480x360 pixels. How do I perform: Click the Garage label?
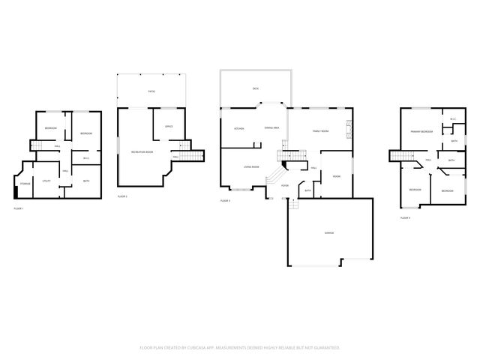(328, 233)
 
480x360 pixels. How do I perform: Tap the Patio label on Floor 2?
(151, 91)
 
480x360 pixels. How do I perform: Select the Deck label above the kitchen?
(255, 88)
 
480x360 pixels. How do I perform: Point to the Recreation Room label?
(142, 152)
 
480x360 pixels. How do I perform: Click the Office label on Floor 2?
(169, 127)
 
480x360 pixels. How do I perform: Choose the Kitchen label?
(239, 128)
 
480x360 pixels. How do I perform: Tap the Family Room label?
(321, 130)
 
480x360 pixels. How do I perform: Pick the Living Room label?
(250, 166)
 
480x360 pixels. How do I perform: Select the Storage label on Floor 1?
(25, 183)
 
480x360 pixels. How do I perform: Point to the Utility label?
(46, 181)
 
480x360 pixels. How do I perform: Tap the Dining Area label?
(272, 128)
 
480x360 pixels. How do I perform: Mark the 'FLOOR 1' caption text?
(19, 208)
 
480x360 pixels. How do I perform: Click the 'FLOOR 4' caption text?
(405, 217)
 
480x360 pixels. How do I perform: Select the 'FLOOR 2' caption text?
(122, 196)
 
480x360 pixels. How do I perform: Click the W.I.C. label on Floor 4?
(453, 119)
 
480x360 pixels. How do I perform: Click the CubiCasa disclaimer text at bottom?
(240, 347)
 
